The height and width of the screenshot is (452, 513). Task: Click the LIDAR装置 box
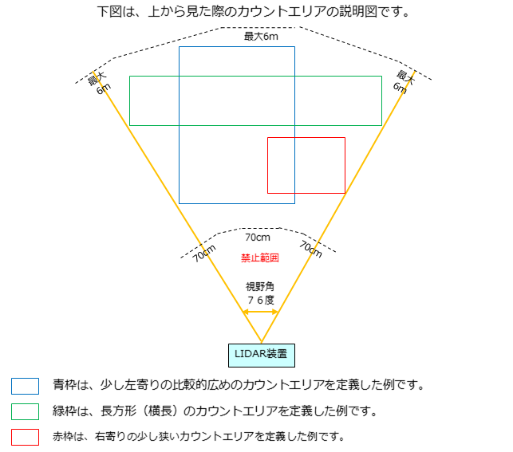point(262,356)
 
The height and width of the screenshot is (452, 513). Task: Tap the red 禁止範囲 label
point(260,258)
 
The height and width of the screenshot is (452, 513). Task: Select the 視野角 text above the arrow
point(260,287)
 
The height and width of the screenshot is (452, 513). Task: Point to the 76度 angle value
point(261,300)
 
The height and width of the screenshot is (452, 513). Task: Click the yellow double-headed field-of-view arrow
point(260,312)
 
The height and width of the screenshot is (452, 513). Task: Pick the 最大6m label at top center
point(261,37)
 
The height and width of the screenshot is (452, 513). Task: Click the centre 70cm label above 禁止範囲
point(258,238)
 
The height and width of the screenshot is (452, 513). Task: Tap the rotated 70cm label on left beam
point(204,254)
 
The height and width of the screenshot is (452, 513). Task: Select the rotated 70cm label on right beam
point(311,250)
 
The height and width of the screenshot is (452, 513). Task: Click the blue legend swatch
point(26,386)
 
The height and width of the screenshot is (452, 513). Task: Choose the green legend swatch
point(26,411)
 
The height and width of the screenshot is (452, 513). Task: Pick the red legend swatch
point(26,437)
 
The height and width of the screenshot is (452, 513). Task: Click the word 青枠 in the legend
point(65,385)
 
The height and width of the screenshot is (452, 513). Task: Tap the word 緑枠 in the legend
point(65,411)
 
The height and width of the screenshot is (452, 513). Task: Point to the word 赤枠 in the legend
point(64,436)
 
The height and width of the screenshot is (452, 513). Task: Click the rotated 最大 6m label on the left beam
point(100,84)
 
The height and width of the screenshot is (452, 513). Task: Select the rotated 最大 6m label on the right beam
point(404,82)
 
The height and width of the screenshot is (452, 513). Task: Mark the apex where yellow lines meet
point(262,342)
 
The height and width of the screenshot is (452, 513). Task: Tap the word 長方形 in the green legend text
point(118,411)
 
